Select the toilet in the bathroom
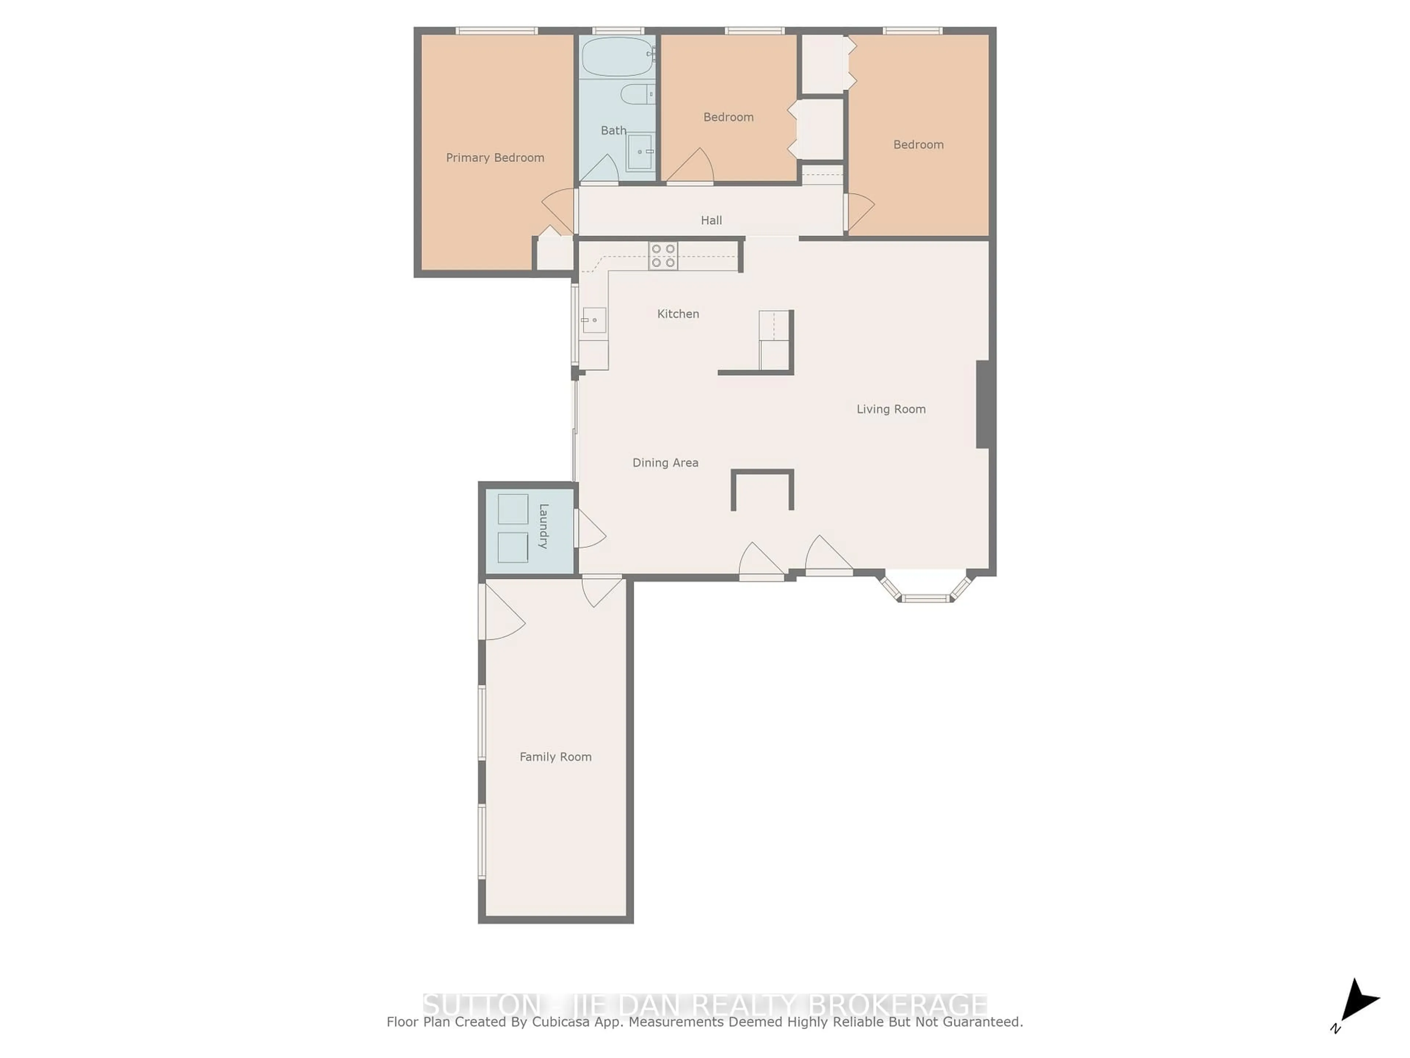click(x=637, y=94)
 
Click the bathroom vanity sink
click(x=640, y=152)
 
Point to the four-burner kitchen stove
click(x=663, y=256)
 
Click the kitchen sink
click(x=593, y=320)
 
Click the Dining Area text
click(x=665, y=463)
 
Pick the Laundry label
click(x=544, y=526)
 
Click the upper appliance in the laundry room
click(x=513, y=509)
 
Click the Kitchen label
click(x=678, y=314)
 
